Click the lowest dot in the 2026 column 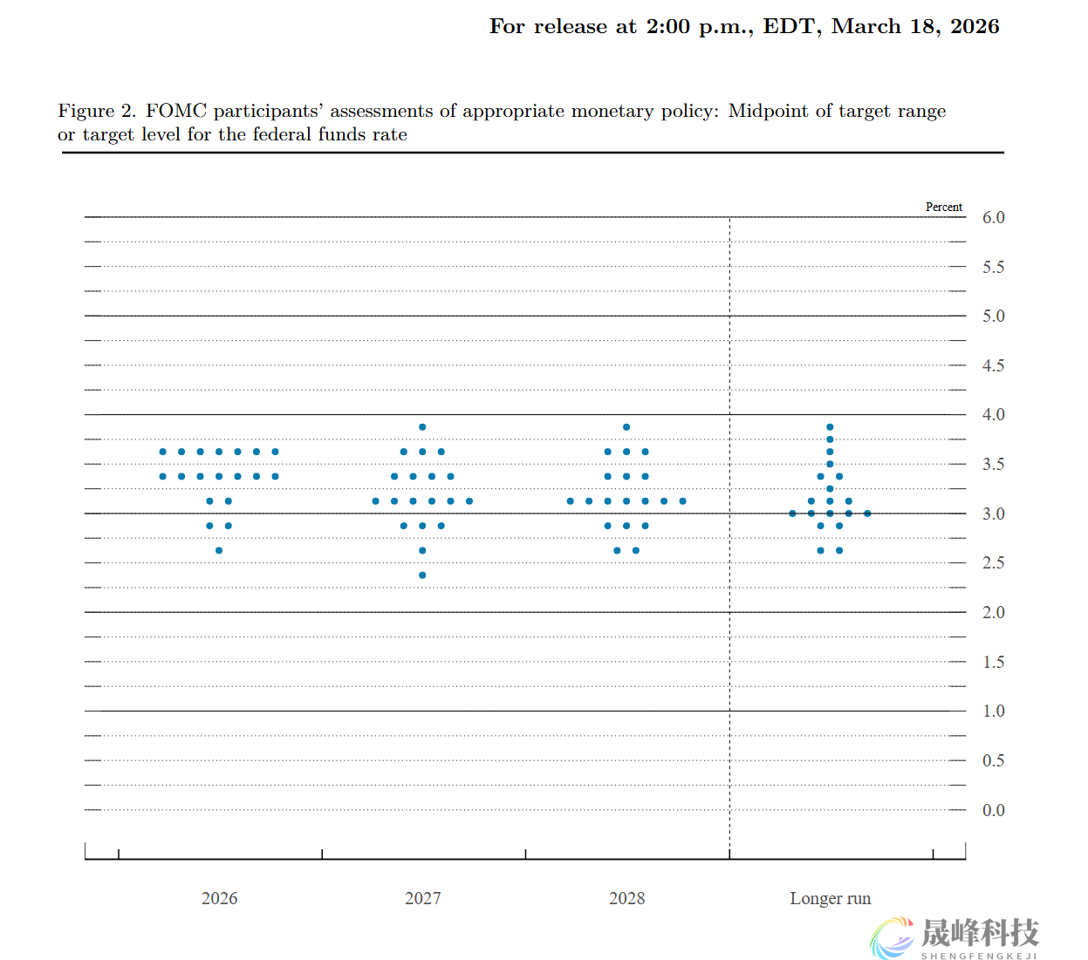(x=219, y=550)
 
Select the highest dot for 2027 (x=422, y=427)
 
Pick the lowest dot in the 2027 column (x=422, y=575)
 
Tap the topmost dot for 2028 (x=626, y=427)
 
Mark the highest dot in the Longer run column (x=830, y=427)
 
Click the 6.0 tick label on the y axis (x=993, y=218)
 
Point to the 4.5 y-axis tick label (x=993, y=366)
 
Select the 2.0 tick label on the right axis (x=993, y=613)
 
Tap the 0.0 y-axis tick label (x=993, y=811)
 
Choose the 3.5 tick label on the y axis (x=993, y=465)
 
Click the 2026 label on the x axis (x=219, y=899)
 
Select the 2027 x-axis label (x=422, y=899)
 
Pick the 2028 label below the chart (x=626, y=899)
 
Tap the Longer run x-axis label (x=830, y=899)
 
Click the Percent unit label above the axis (x=943, y=208)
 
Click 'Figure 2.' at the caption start (x=97, y=112)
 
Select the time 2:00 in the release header (x=667, y=27)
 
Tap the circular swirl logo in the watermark (x=892, y=938)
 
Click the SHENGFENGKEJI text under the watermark (x=979, y=956)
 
